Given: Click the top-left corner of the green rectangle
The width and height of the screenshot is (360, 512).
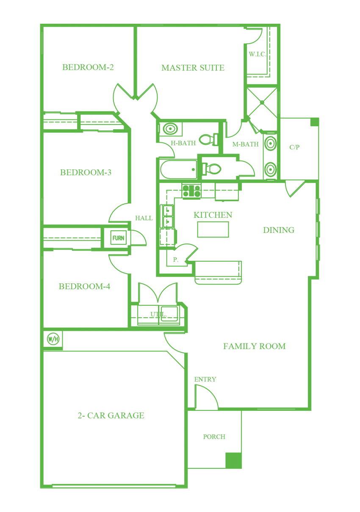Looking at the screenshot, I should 40,24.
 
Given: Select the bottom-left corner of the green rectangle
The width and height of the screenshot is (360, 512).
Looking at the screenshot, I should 40,488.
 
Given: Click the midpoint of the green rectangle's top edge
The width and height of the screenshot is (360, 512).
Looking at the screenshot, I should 180,24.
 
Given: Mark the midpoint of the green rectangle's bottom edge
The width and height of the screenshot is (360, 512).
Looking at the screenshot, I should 180,488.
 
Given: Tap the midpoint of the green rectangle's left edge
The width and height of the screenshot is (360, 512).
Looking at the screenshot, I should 40,256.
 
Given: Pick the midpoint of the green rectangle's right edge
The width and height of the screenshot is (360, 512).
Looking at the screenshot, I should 320,256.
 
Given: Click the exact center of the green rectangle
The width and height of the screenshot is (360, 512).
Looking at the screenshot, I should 180,256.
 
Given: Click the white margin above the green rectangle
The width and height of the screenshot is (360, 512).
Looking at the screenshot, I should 180,11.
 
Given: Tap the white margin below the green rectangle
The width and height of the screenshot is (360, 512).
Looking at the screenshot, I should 180,500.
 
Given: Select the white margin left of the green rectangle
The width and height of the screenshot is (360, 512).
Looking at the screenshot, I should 19,256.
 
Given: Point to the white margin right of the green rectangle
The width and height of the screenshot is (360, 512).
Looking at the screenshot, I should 340,256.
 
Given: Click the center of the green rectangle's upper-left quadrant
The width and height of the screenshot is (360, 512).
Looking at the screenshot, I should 110,140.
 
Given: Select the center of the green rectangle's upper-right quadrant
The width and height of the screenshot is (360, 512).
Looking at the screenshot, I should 250,140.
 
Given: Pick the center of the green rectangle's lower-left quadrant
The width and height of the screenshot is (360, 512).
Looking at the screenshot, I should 110,372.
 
